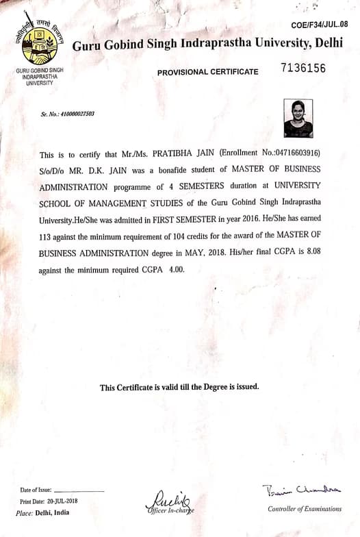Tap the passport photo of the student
click(x=298, y=118)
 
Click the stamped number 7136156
click(x=303, y=68)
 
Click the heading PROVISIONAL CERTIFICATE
click(x=208, y=72)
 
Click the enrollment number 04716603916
click(x=290, y=152)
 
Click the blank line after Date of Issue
click(x=79, y=491)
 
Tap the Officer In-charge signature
click(x=168, y=501)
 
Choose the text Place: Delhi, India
click(x=42, y=512)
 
